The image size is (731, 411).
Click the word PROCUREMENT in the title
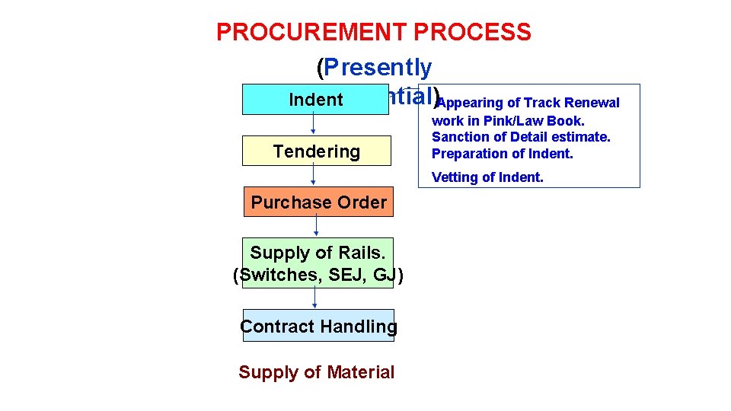312,32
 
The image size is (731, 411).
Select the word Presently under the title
378,68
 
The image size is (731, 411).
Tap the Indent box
315,100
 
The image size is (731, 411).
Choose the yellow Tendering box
316,151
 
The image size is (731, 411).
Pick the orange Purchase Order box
318,202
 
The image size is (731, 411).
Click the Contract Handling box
318,326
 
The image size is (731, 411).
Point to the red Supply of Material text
316,372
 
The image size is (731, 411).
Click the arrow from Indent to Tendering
313,125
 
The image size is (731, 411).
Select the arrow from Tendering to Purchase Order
313,176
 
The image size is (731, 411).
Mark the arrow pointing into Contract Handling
314,298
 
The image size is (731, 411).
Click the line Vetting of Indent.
487,178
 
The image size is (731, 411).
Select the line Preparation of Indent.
502,154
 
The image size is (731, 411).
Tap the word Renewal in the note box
594,103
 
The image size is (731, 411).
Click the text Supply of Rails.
318,252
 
